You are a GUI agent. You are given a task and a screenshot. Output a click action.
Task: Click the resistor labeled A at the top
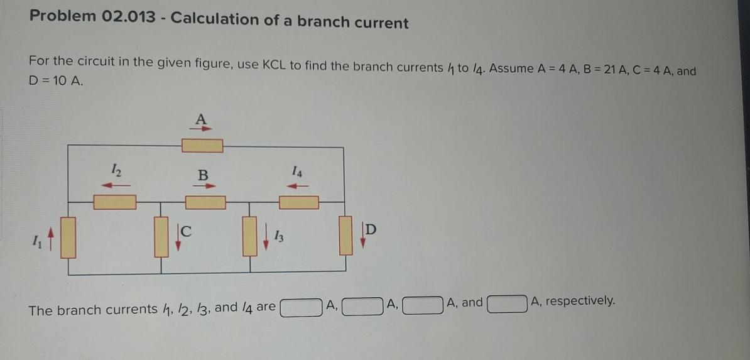point(202,146)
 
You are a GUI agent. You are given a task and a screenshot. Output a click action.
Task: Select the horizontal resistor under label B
point(205,202)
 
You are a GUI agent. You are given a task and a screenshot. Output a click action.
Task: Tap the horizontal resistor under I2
point(115,202)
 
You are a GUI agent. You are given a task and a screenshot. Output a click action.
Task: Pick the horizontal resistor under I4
point(299,202)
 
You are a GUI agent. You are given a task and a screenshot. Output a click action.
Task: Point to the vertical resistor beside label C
point(161,237)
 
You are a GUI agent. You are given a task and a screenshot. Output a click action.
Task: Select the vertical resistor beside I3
point(250,237)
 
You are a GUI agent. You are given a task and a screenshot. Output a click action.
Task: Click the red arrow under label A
point(202,128)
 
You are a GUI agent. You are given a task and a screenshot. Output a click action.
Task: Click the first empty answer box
point(302,308)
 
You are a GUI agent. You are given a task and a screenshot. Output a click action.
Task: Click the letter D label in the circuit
point(371,230)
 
